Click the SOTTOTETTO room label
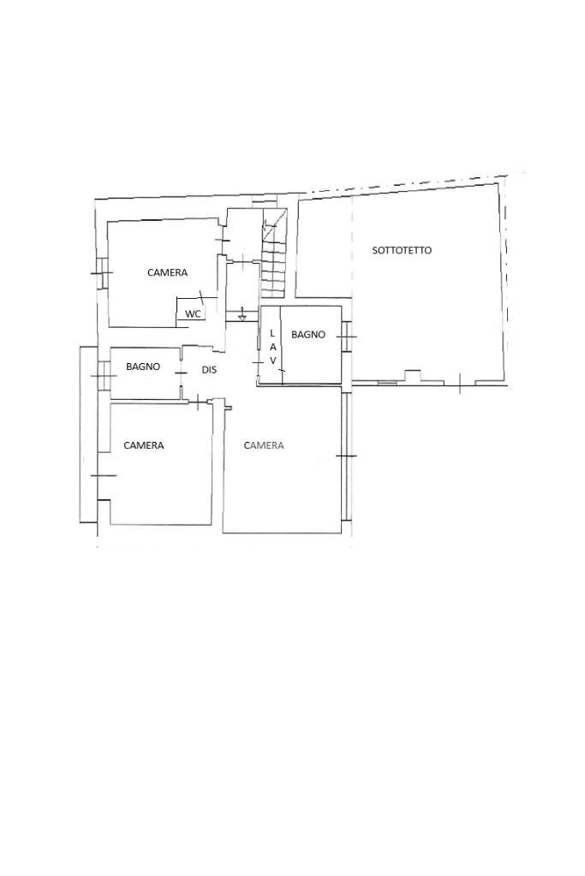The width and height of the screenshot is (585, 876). (402, 250)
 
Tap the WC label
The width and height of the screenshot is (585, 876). (193, 314)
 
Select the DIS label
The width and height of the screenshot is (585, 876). (209, 370)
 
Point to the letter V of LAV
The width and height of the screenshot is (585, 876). (273, 361)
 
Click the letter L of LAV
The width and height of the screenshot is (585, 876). (272, 333)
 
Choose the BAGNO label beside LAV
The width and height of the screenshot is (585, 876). (308, 335)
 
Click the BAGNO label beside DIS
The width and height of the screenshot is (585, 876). (143, 366)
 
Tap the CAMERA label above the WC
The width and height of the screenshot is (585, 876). (168, 272)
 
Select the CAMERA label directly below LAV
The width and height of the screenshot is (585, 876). (264, 445)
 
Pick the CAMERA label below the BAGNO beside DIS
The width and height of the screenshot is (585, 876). (144, 445)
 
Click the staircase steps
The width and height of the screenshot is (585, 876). (274, 253)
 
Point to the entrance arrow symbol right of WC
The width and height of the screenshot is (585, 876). (242, 314)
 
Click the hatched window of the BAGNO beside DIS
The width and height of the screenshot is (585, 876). (104, 375)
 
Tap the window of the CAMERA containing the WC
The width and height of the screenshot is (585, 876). (101, 272)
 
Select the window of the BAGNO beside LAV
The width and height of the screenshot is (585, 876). (347, 337)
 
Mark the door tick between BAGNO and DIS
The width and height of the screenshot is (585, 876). (181, 372)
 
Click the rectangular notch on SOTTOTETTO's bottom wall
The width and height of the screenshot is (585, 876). (413, 375)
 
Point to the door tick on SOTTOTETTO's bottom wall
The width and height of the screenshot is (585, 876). (459, 384)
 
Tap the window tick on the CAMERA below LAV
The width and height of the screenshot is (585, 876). (346, 457)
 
